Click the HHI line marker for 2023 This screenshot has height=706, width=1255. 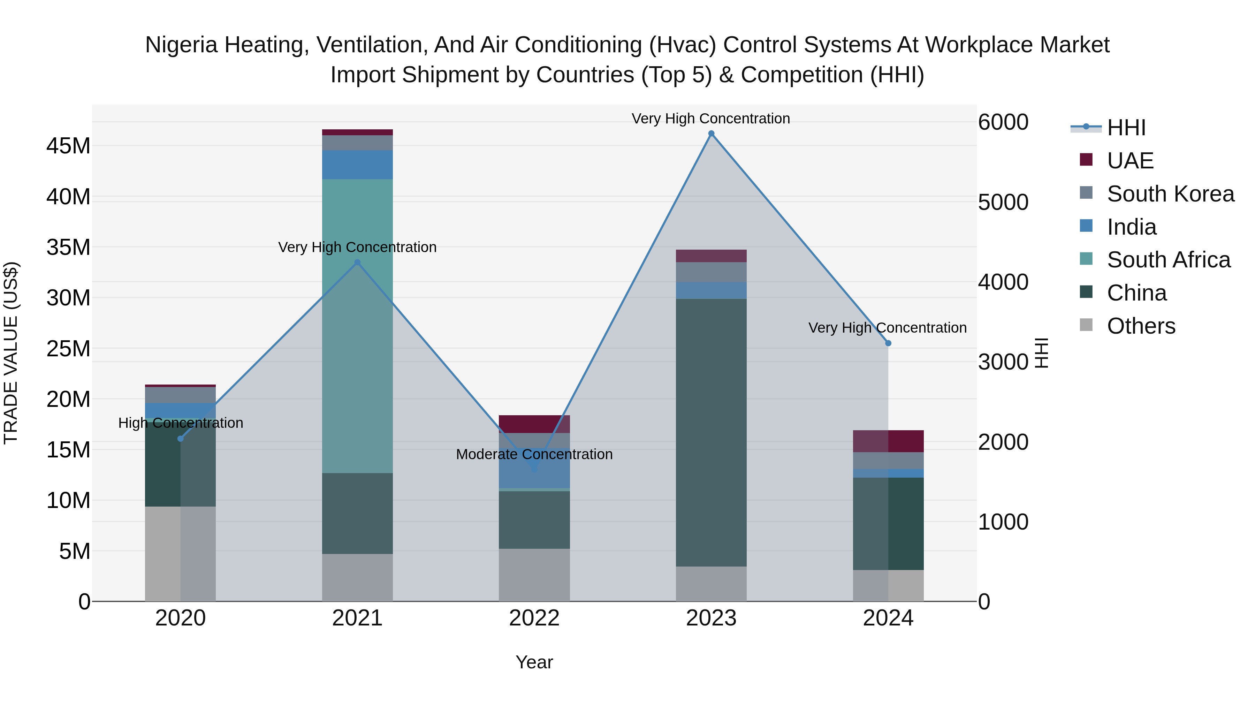[711, 134]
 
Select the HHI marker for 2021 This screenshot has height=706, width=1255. [357, 262]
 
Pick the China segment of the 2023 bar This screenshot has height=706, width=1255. [711, 432]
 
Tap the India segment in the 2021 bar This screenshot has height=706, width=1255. [357, 165]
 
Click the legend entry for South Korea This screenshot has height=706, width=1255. [1170, 194]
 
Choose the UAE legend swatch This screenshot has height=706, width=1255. [1086, 160]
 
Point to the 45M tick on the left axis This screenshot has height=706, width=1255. [68, 146]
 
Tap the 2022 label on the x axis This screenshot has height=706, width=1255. [534, 618]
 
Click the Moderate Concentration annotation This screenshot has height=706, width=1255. [534, 454]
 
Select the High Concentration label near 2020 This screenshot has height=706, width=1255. [180, 423]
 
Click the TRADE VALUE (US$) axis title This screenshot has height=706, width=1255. [11, 353]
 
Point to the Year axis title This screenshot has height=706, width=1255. [534, 662]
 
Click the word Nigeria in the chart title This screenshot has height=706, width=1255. [181, 45]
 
